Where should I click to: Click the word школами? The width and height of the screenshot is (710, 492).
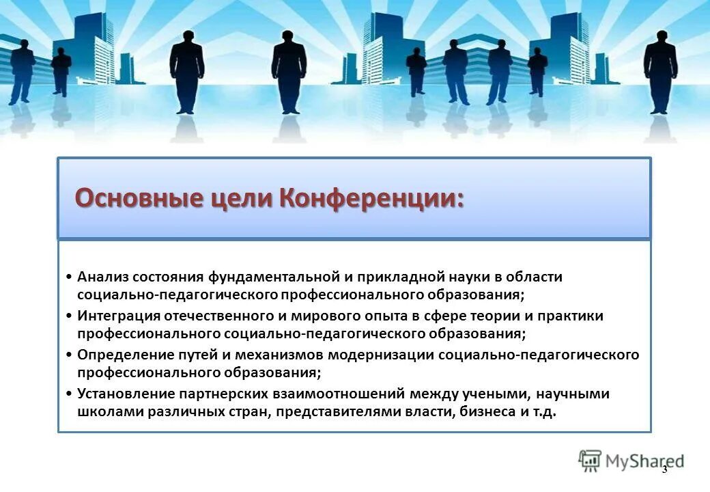[x=104, y=413]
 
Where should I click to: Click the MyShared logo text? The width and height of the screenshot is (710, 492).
[x=644, y=461]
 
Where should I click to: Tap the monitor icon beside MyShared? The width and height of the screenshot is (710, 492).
[x=590, y=461]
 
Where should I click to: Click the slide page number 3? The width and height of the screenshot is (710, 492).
[x=664, y=469]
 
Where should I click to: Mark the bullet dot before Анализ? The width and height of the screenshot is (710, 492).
[x=70, y=277]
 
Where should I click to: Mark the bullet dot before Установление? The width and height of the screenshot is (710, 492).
[x=70, y=395]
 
